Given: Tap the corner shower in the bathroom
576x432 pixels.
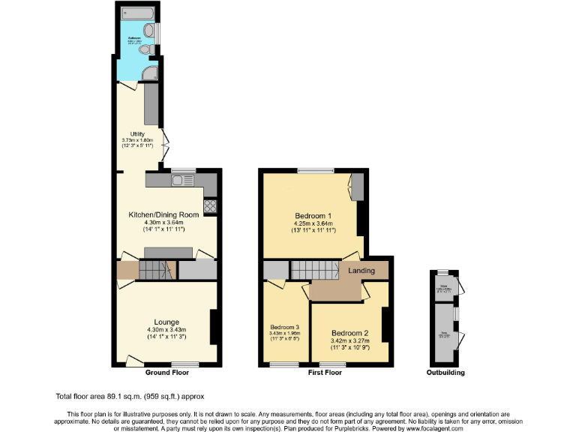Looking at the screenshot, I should click(151, 73).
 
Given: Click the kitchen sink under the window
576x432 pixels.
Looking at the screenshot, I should click(182, 181).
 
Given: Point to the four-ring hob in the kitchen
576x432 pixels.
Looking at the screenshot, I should click(210, 206).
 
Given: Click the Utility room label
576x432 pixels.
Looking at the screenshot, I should click(136, 134).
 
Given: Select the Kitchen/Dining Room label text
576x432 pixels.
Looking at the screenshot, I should click(163, 214).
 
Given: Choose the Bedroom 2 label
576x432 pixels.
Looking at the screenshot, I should click(350, 333).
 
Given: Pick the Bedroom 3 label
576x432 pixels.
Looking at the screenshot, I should click(285, 328).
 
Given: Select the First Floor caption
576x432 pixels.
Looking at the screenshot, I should click(325, 373).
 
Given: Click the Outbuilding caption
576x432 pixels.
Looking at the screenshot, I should click(445, 373).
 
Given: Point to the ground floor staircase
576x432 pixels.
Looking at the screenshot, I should click(153, 270).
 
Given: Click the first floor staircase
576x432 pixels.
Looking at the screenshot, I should click(315, 268).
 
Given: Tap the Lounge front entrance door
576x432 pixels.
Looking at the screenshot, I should click(135, 361).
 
